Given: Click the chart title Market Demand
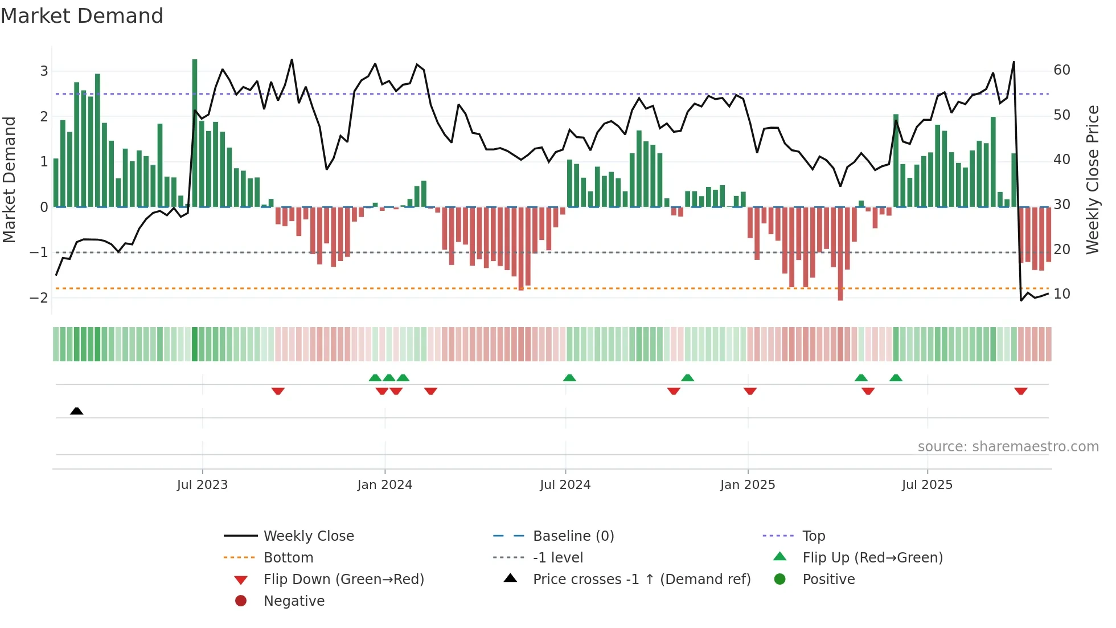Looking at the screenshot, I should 82,16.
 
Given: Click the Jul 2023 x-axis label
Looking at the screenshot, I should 202,485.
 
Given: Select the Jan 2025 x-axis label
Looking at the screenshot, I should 747,485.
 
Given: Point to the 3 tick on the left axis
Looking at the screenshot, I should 44,71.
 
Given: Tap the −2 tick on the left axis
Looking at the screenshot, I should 39,297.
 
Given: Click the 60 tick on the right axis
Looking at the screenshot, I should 1062,70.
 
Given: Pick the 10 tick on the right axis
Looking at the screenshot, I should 1062,294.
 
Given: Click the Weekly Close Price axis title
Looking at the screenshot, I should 1092,180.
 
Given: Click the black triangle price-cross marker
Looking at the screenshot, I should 76,411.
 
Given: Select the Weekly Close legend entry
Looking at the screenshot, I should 308,536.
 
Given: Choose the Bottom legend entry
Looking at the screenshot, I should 288,558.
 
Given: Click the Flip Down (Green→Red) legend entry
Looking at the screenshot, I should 343,580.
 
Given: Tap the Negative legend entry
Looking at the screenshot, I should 294,601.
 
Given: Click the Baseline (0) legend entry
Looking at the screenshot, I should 573,536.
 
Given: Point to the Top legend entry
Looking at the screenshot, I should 813,536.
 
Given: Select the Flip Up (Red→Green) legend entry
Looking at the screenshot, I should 872,558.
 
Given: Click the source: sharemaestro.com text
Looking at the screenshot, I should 1008,447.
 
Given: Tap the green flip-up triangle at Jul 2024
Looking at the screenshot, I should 569,378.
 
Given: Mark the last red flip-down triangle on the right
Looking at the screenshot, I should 1020,391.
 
